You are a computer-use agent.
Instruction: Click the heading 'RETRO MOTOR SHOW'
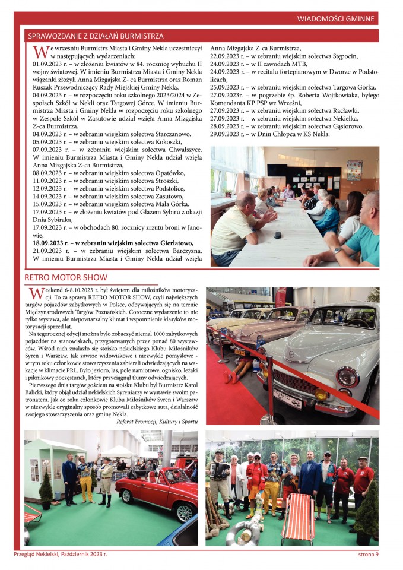coord(66,277)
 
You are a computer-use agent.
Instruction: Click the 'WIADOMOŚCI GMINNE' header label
coord(337,19)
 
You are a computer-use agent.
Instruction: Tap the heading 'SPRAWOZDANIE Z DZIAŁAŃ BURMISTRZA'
coord(96,36)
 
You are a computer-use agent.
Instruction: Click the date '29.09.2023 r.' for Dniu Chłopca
coord(231,134)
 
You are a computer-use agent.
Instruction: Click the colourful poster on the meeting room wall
coord(354,170)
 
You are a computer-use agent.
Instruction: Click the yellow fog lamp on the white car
coord(321,394)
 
